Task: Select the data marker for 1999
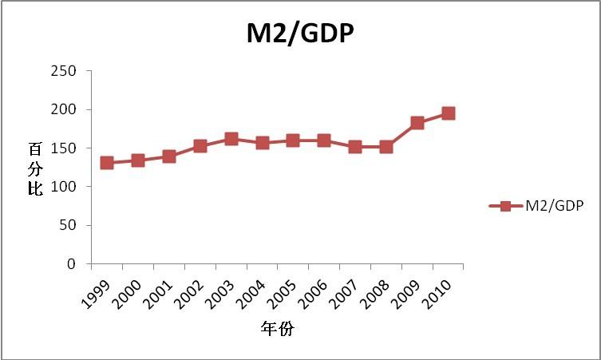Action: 107,163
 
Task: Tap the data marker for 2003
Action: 231,139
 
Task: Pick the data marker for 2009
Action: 417,123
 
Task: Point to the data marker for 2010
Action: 449,113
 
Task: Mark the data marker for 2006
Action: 324,140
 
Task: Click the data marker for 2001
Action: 169,156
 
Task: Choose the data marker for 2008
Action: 386,147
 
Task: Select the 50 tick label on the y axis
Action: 69,225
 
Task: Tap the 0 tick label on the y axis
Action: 72,263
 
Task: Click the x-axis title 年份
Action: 277,328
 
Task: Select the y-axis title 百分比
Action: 35,170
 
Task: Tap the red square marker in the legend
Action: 505,206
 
